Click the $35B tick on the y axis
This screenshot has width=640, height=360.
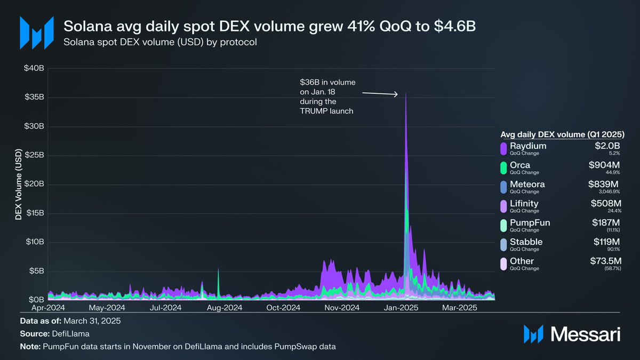[x=34, y=98]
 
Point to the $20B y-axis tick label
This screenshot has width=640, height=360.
[x=34, y=185]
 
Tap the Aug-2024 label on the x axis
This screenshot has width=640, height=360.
[x=225, y=308]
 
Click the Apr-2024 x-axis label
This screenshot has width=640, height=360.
[x=48, y=308]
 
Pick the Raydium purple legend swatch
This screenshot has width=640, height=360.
[x=503, y=149]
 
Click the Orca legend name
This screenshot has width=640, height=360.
[x=520, y=165]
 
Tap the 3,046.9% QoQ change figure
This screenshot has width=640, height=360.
[x=609, y=192]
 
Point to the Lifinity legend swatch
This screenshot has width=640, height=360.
[x=503, y=206]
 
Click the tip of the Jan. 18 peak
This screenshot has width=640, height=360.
[x=406, y=94]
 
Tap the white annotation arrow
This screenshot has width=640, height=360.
[x=380, y=94]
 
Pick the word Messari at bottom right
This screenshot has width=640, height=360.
[x=585, y=334]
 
